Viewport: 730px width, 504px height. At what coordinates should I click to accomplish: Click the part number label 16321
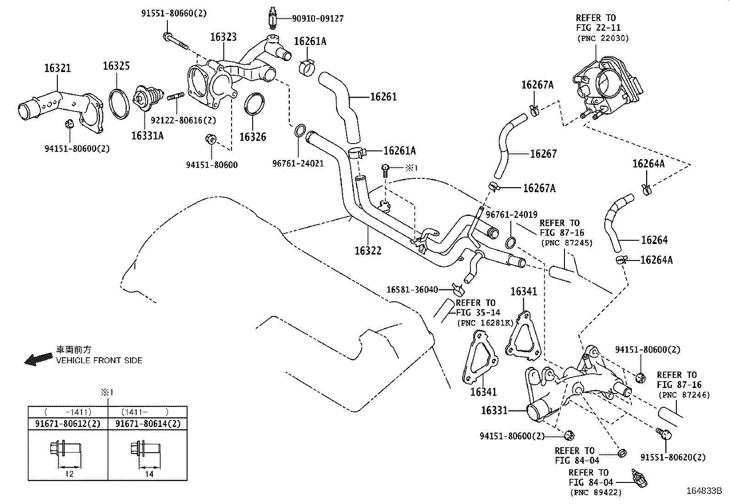click(57, 68)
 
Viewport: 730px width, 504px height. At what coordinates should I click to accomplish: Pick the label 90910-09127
click(318, 19)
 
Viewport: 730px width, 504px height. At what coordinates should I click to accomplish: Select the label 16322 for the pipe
click(367, 250)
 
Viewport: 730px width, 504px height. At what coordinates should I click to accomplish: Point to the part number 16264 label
click(654, 240)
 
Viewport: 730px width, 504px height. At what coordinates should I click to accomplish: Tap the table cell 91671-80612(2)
click(67, 424)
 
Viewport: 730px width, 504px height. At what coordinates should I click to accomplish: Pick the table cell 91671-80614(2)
click(148, 424)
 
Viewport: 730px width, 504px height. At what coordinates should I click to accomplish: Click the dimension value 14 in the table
click(149, 474)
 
